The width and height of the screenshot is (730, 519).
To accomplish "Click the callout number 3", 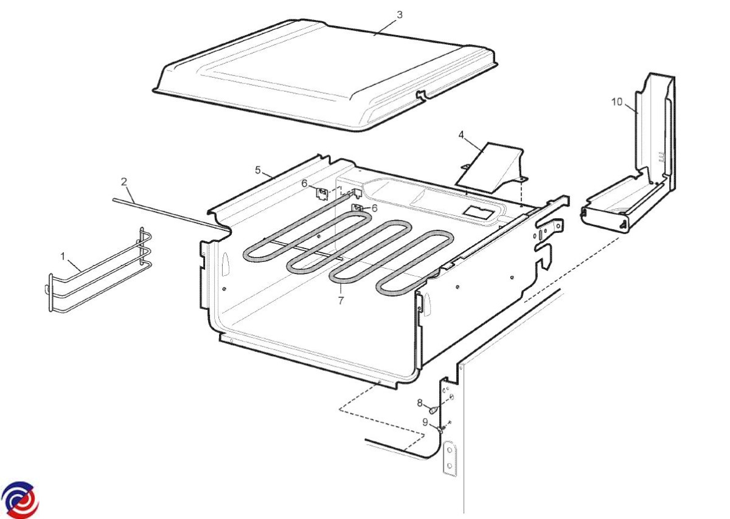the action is [x=400, y=15].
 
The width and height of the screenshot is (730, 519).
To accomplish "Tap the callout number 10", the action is [x=617, y=102].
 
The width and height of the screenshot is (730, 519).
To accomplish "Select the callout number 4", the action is [x=461, y=135].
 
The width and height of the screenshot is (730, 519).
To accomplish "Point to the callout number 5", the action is [x=258, y=170].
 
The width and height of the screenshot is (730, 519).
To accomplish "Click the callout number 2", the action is [x=124, y=182].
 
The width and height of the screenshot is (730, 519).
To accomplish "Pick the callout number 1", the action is [x=63, y=256].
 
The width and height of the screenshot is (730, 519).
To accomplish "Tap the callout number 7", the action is [x=341, y=301].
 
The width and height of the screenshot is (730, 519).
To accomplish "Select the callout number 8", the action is [x=420, y=403].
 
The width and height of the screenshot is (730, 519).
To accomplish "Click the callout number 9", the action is [x=425, y=422].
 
